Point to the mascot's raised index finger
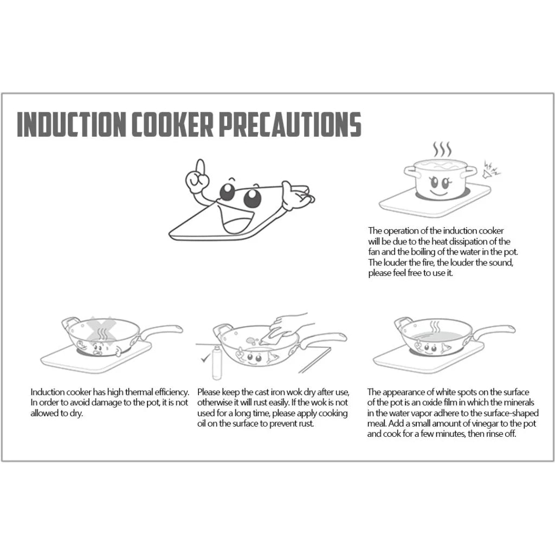[199, 167]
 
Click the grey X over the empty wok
[102, 331]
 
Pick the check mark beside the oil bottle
[204, 358]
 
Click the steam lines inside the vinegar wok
[435, 328]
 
